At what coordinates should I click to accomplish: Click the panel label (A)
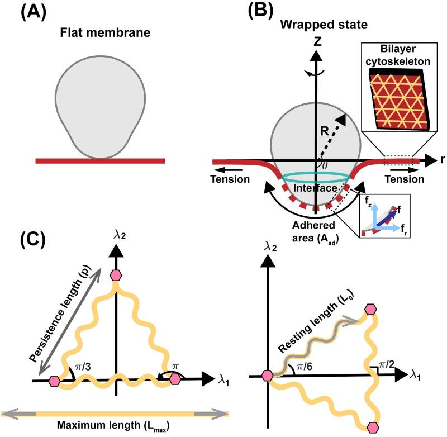coord(34,12)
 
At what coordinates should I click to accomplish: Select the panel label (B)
coord(260,11)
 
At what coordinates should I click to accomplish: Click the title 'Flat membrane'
coord(105,32)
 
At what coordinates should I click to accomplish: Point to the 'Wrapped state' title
coord(324,25)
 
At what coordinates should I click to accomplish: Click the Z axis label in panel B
coord(317,41)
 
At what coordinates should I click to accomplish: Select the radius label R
coord(325,131)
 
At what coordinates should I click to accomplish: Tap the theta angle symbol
coord(325,165)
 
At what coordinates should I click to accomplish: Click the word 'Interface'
coord(315,188)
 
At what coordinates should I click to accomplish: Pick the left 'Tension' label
coord(230,179)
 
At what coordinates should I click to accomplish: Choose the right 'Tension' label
coord(405,179)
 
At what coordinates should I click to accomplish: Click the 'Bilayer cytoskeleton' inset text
coord(398,55)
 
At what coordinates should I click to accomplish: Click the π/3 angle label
coord(83,367)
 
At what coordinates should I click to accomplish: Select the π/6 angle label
coord(305,366)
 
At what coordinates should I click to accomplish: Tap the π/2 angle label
coord(386,364)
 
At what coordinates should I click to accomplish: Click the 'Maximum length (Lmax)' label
coord(113,426)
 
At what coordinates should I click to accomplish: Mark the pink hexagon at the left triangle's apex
coord(116,275)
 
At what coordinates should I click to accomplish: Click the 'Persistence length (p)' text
coord(60,313)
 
